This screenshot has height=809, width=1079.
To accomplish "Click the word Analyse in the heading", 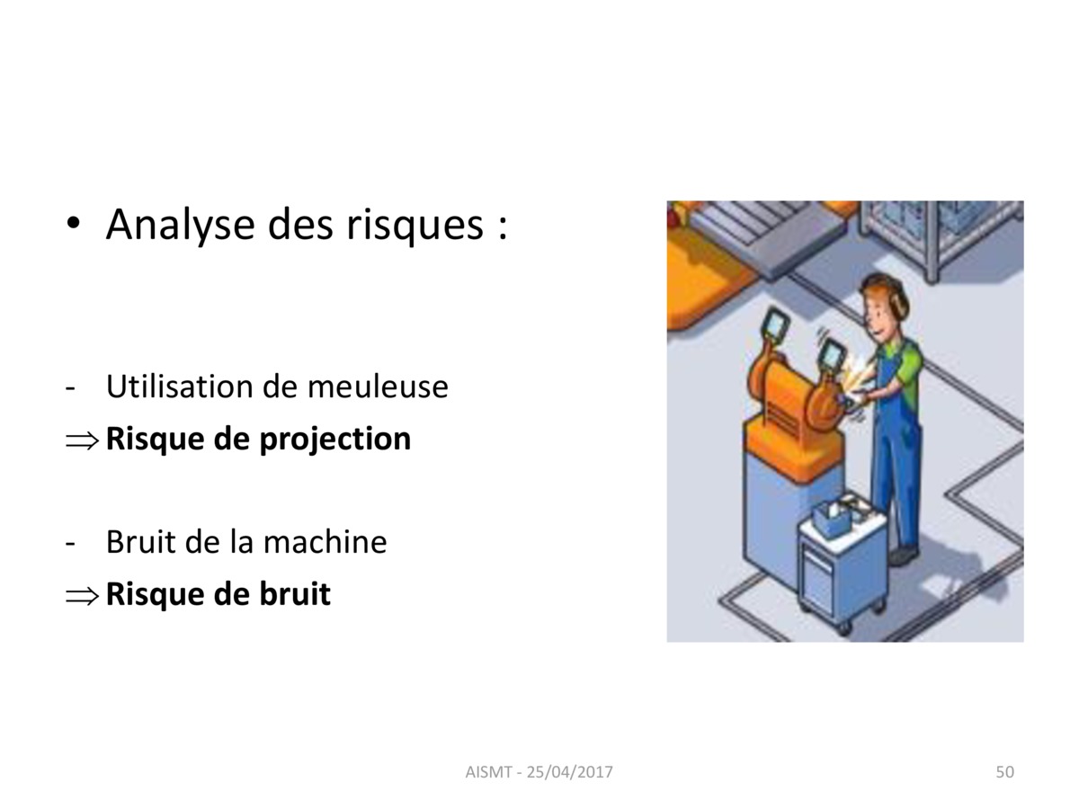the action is (180, 225).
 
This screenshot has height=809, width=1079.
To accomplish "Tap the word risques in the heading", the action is (415, 225).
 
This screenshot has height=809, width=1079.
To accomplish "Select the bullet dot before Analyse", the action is (73, 223).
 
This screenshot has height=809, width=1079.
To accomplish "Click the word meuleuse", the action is (378, 387).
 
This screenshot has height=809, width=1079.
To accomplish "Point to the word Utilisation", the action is (180, 387).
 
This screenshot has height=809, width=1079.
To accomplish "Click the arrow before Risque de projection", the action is (82, 440).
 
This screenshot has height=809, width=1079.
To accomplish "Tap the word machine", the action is (325, 542).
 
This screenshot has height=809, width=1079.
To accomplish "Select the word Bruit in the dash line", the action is (141, 542).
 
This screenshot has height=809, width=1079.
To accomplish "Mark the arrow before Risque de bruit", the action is (82, 596).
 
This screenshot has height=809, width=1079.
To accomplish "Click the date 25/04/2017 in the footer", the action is (570, 771).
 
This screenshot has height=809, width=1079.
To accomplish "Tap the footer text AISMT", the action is (488, 771).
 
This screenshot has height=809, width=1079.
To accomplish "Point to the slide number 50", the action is (1004, 771).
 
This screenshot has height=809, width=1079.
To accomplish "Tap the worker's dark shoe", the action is (904, 556).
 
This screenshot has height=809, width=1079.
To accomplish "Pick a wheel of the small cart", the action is (843, 628).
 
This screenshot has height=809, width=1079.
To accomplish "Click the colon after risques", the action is (502, 228).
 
